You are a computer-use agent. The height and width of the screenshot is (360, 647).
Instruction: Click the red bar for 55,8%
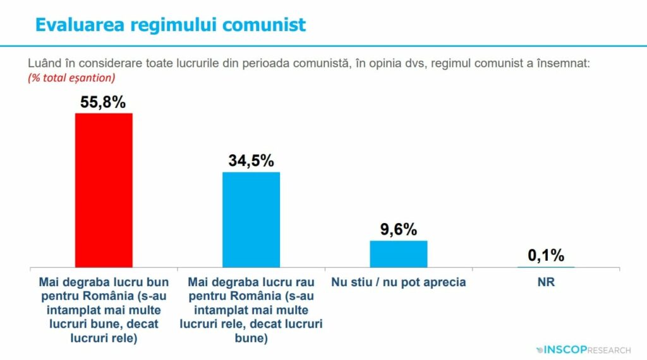point(104,189)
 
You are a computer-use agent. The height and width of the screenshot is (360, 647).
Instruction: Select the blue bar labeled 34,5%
point(251,219)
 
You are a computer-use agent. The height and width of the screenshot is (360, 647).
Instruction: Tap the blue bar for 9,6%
point(398,253)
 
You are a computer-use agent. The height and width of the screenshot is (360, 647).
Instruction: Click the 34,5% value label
point(251,161)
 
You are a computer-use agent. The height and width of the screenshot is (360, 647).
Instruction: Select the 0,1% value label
point(546,256)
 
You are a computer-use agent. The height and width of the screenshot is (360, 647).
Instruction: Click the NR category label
point(546,282)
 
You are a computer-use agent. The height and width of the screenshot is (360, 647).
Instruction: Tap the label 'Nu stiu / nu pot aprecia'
point(398,282)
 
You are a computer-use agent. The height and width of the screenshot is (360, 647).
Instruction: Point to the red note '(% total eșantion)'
point(71,78)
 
